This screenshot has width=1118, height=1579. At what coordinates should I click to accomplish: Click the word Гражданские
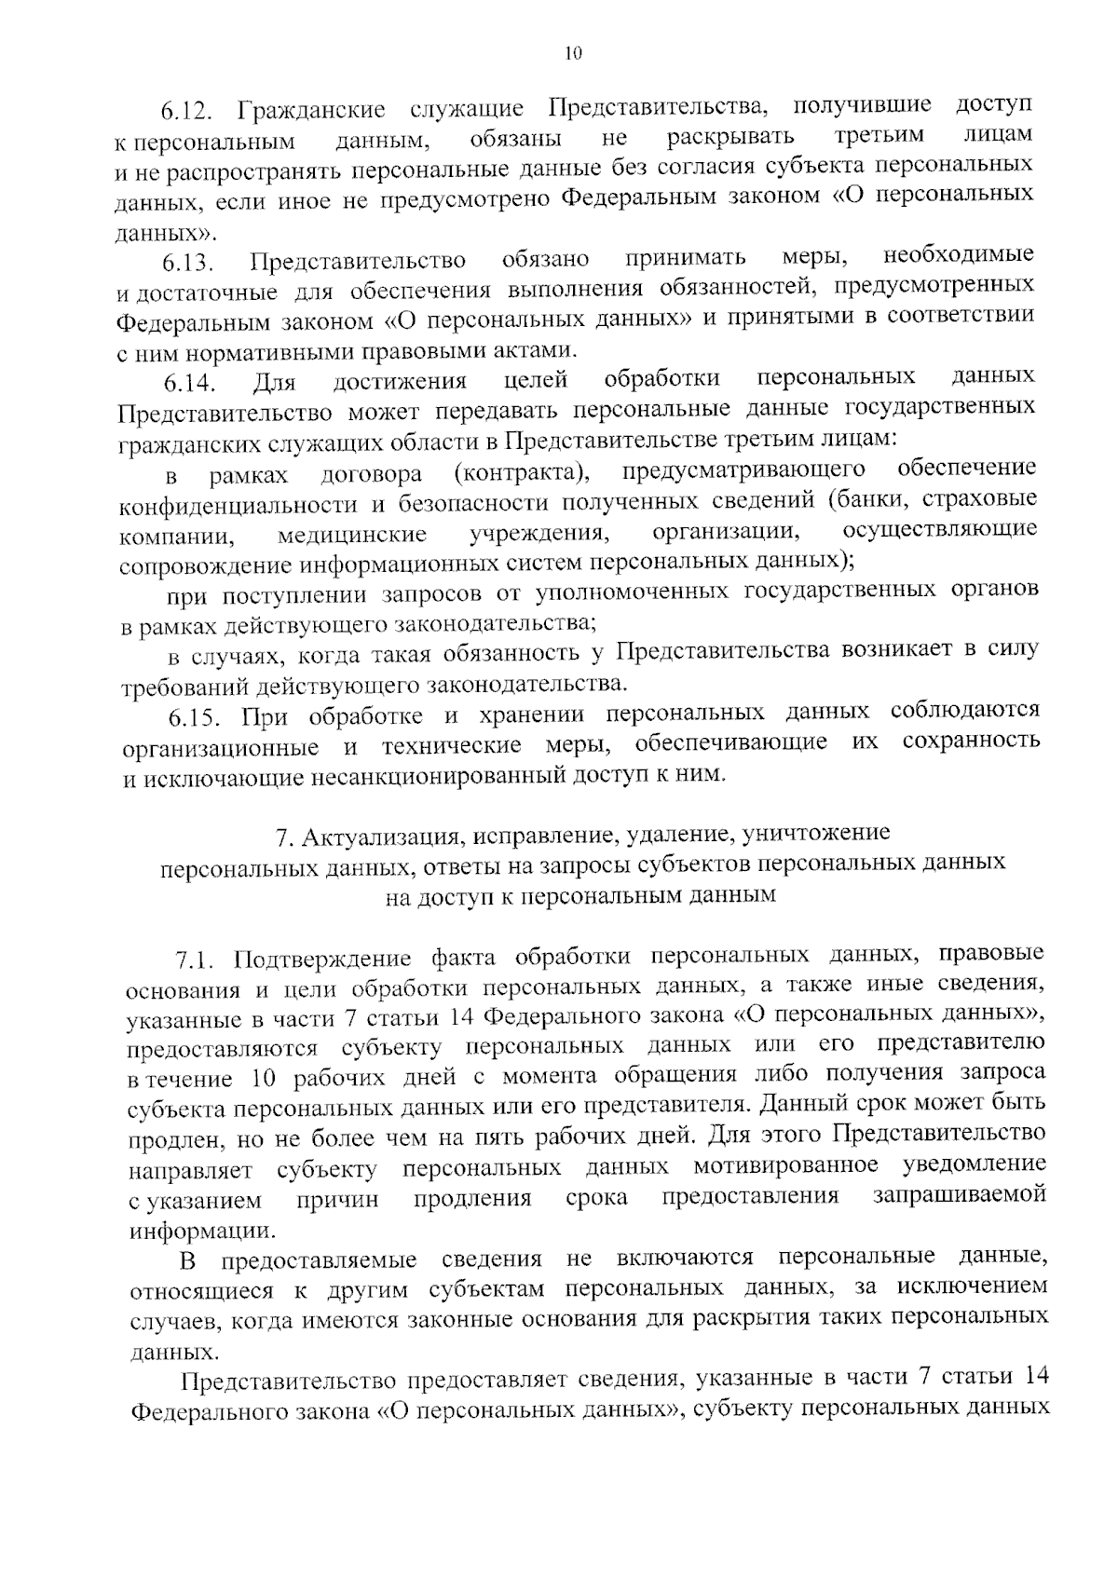point(312,110)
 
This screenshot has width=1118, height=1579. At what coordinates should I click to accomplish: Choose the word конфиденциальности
point(239,505)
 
